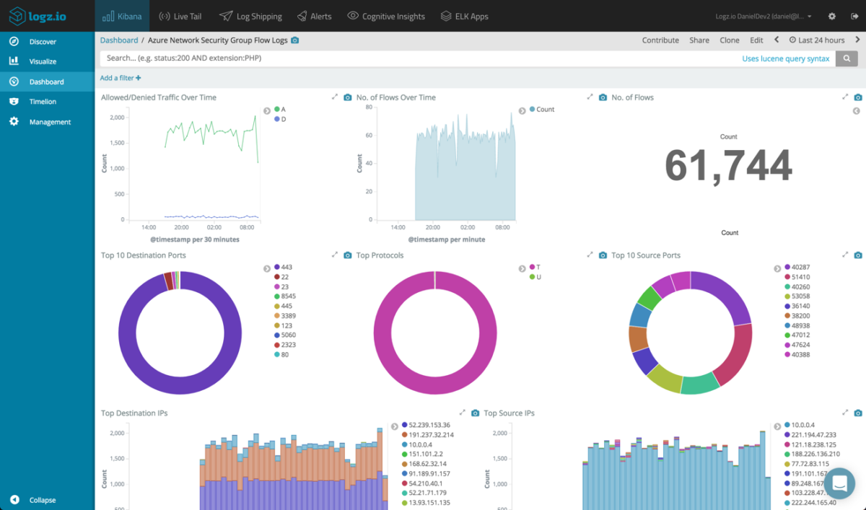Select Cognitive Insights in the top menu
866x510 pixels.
click(x=386, y=16)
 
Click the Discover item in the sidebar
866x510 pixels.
click(x=43, y=42)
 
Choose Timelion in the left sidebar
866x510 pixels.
click(x=43, y=102)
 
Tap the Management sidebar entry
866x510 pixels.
click(x=50, y=122)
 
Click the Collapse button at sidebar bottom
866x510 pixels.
click(x=42, y=500)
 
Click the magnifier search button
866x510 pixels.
click(x=847, y=58)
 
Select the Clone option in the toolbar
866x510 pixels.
click(x=730, y=40)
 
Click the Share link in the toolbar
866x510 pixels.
click(x=699, y=40)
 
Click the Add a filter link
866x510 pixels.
click(x=121, y=78)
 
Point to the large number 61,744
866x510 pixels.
click(x=728, y=166)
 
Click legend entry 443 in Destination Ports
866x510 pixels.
click(x=287, y=267)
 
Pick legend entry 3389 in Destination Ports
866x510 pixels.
click(x=287, y=316)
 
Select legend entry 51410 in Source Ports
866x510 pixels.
click(x=800, y=277)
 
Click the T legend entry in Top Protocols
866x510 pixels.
click(x=538, y=267)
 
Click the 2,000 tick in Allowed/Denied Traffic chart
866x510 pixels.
click(x=115, y=118)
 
